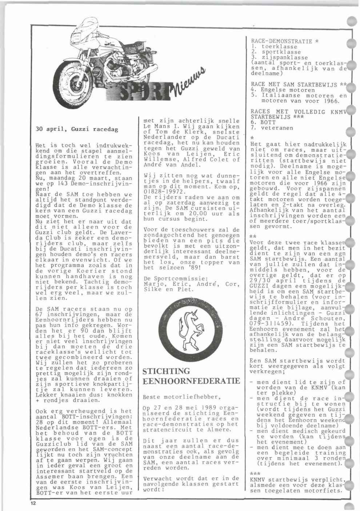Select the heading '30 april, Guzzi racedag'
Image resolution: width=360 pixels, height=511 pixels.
point(77,129)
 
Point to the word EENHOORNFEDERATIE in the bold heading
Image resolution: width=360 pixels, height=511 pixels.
point(191,381)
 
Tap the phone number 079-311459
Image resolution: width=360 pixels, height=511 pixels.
point(268,323)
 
